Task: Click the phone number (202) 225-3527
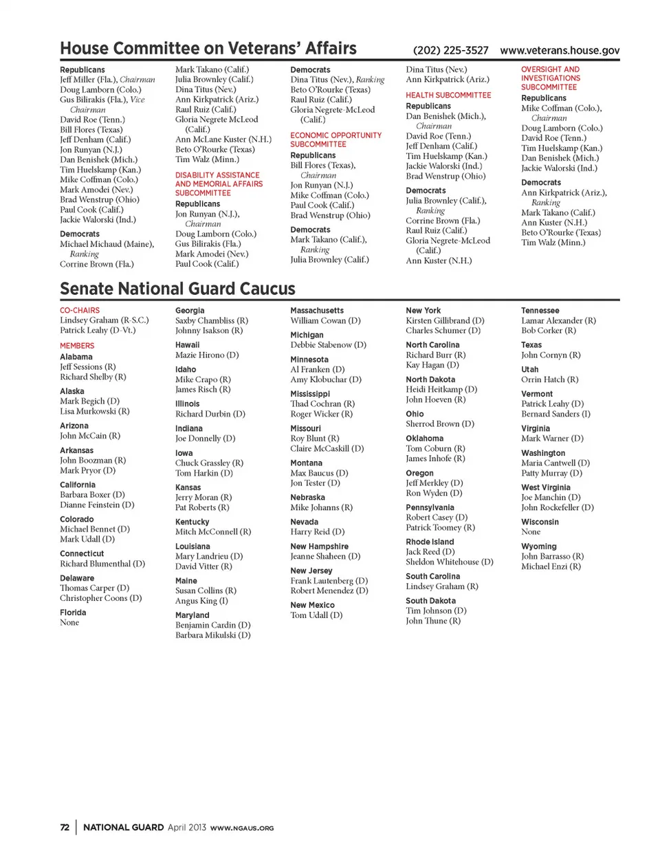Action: pos(450,50)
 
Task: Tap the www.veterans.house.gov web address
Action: pos(560,50)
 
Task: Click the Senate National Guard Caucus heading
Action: pos(177,289)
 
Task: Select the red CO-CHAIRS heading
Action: pos(80,311)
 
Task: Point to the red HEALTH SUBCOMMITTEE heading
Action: pos(448,95)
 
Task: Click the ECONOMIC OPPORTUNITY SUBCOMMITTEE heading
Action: pos(335,140)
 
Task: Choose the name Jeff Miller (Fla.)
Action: pos(88,80)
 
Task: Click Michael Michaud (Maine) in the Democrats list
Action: pos(107,244)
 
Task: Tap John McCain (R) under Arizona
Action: pos(90,436)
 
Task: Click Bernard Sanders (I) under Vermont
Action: pos(555,414)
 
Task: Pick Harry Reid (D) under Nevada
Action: pos(317,532)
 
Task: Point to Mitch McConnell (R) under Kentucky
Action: pos(213,532)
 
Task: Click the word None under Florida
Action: pos(69,623)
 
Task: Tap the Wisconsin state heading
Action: pos(540,522)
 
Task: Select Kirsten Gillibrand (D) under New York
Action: pos(445,321)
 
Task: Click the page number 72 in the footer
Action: pos(65,828)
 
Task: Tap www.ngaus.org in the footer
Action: pos(242,828)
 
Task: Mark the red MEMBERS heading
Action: pos(77,346)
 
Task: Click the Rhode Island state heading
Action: pos(430,542)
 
